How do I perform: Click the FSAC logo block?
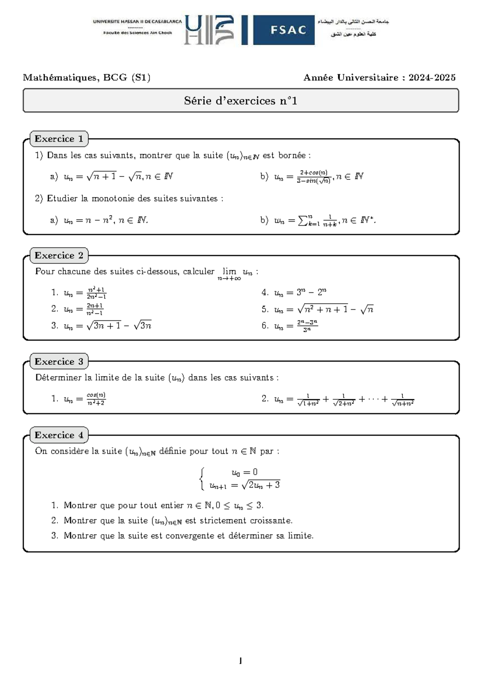[x=284, y=30]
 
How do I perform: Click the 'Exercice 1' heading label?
[x=59, y=139]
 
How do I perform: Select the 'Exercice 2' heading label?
[x=59, y=256]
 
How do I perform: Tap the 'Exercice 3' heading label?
[x=59, y=362]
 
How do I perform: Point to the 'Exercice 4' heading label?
[x=59, y=435]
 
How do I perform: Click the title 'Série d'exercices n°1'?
[x=241, y=101]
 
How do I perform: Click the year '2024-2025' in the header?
[x=432, y=78]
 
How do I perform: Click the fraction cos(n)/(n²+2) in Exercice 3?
[x=96, y=399]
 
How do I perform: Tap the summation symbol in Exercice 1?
[x=302, y=220]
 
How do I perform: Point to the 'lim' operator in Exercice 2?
[x=229, y=272]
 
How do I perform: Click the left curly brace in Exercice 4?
[x=202, y=479]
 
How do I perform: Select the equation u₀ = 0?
[x=245, y=472]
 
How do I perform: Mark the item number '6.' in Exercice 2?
[x=265, y=326]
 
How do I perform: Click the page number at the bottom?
[x=240, y=661]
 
